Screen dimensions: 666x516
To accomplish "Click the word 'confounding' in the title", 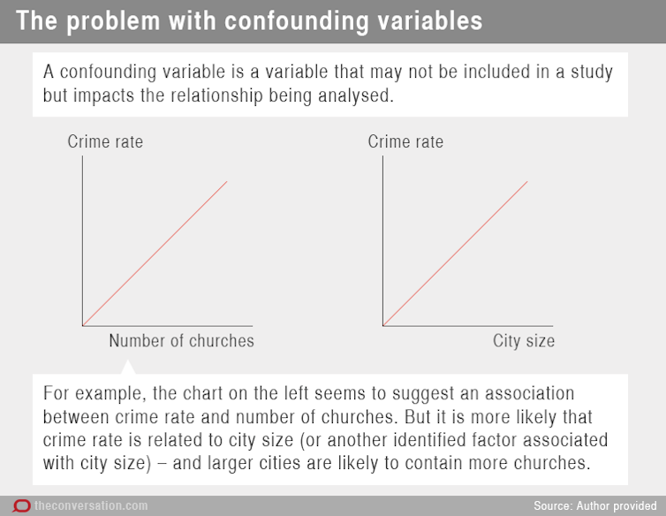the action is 297,21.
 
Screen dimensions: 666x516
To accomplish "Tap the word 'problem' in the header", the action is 113,22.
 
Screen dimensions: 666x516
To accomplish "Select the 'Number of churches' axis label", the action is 181,341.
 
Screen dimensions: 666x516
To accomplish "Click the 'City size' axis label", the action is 524,341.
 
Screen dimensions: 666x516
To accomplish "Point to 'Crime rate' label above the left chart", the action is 105,141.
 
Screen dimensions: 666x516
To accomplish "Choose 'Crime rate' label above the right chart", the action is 405,141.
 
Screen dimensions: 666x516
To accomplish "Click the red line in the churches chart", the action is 155,254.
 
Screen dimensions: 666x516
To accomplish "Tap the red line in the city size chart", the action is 455,254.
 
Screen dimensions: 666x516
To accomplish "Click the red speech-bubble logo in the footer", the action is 21,505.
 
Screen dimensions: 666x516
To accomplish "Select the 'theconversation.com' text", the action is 91,505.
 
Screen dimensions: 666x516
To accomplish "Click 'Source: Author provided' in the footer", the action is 595,505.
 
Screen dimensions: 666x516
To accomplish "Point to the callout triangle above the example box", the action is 128,368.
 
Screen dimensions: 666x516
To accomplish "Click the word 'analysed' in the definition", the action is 354,95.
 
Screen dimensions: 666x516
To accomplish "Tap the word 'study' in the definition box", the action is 592,72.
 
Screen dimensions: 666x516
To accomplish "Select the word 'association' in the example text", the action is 530,393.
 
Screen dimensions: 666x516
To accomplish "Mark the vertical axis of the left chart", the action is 82,241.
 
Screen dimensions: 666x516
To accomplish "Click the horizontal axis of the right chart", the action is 467,326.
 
